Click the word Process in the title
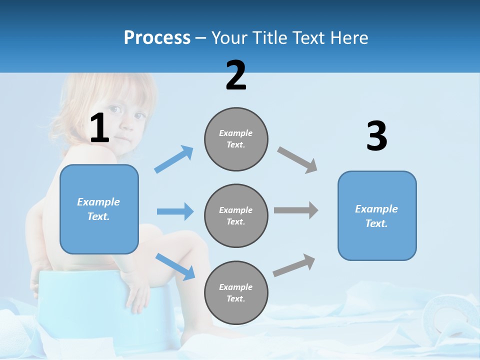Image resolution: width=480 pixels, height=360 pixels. (157, 38)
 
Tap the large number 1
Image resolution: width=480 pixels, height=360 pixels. (99, 128)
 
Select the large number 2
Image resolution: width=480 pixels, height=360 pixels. (236, 75)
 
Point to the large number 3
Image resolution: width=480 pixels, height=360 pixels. (376, 136)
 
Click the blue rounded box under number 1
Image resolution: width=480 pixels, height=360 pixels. (99, 209)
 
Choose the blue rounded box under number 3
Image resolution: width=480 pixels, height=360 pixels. (377, 215)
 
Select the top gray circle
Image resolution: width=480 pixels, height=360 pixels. (236, 139)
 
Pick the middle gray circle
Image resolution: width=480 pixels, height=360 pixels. (236, 215)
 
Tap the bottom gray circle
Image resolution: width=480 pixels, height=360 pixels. (236, 292)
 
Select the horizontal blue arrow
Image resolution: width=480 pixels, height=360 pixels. (175, 211)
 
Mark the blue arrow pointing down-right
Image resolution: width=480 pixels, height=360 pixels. (175, 266)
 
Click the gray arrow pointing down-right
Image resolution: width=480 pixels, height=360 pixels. (297, 159)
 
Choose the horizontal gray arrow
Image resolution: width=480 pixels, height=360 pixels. (296, 210)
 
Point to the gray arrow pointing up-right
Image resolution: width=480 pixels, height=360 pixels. (294, 265)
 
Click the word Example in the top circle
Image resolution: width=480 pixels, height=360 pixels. (235, 133)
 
